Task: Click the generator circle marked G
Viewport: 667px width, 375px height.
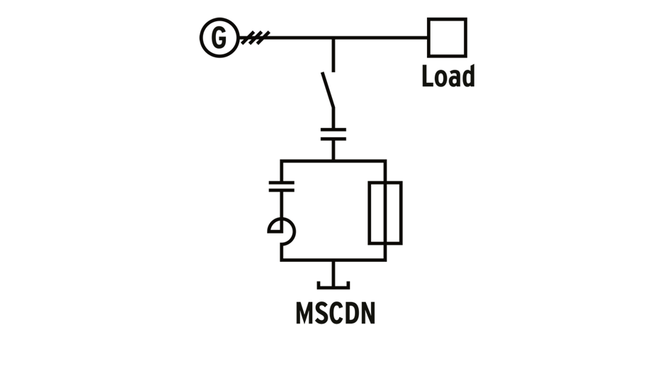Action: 220,37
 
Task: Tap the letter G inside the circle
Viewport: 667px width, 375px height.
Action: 220,37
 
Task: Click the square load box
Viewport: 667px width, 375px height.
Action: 447,37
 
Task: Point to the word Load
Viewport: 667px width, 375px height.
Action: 447,76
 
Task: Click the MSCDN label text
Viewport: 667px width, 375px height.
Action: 334,313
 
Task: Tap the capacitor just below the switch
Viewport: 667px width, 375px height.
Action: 333,134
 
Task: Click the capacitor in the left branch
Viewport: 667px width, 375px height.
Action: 281,186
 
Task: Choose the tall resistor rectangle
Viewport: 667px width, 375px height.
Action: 385,212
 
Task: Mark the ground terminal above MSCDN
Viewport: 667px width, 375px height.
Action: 333,283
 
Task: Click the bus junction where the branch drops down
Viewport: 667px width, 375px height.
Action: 333,37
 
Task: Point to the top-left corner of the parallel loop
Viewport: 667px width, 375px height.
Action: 281,161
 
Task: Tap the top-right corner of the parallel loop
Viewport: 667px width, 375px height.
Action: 385,161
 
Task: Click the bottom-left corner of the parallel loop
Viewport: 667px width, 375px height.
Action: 281,260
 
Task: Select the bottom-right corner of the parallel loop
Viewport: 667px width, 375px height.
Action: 385,260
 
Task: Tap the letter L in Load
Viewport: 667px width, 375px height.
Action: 428,76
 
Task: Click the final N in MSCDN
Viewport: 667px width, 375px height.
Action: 366,313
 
